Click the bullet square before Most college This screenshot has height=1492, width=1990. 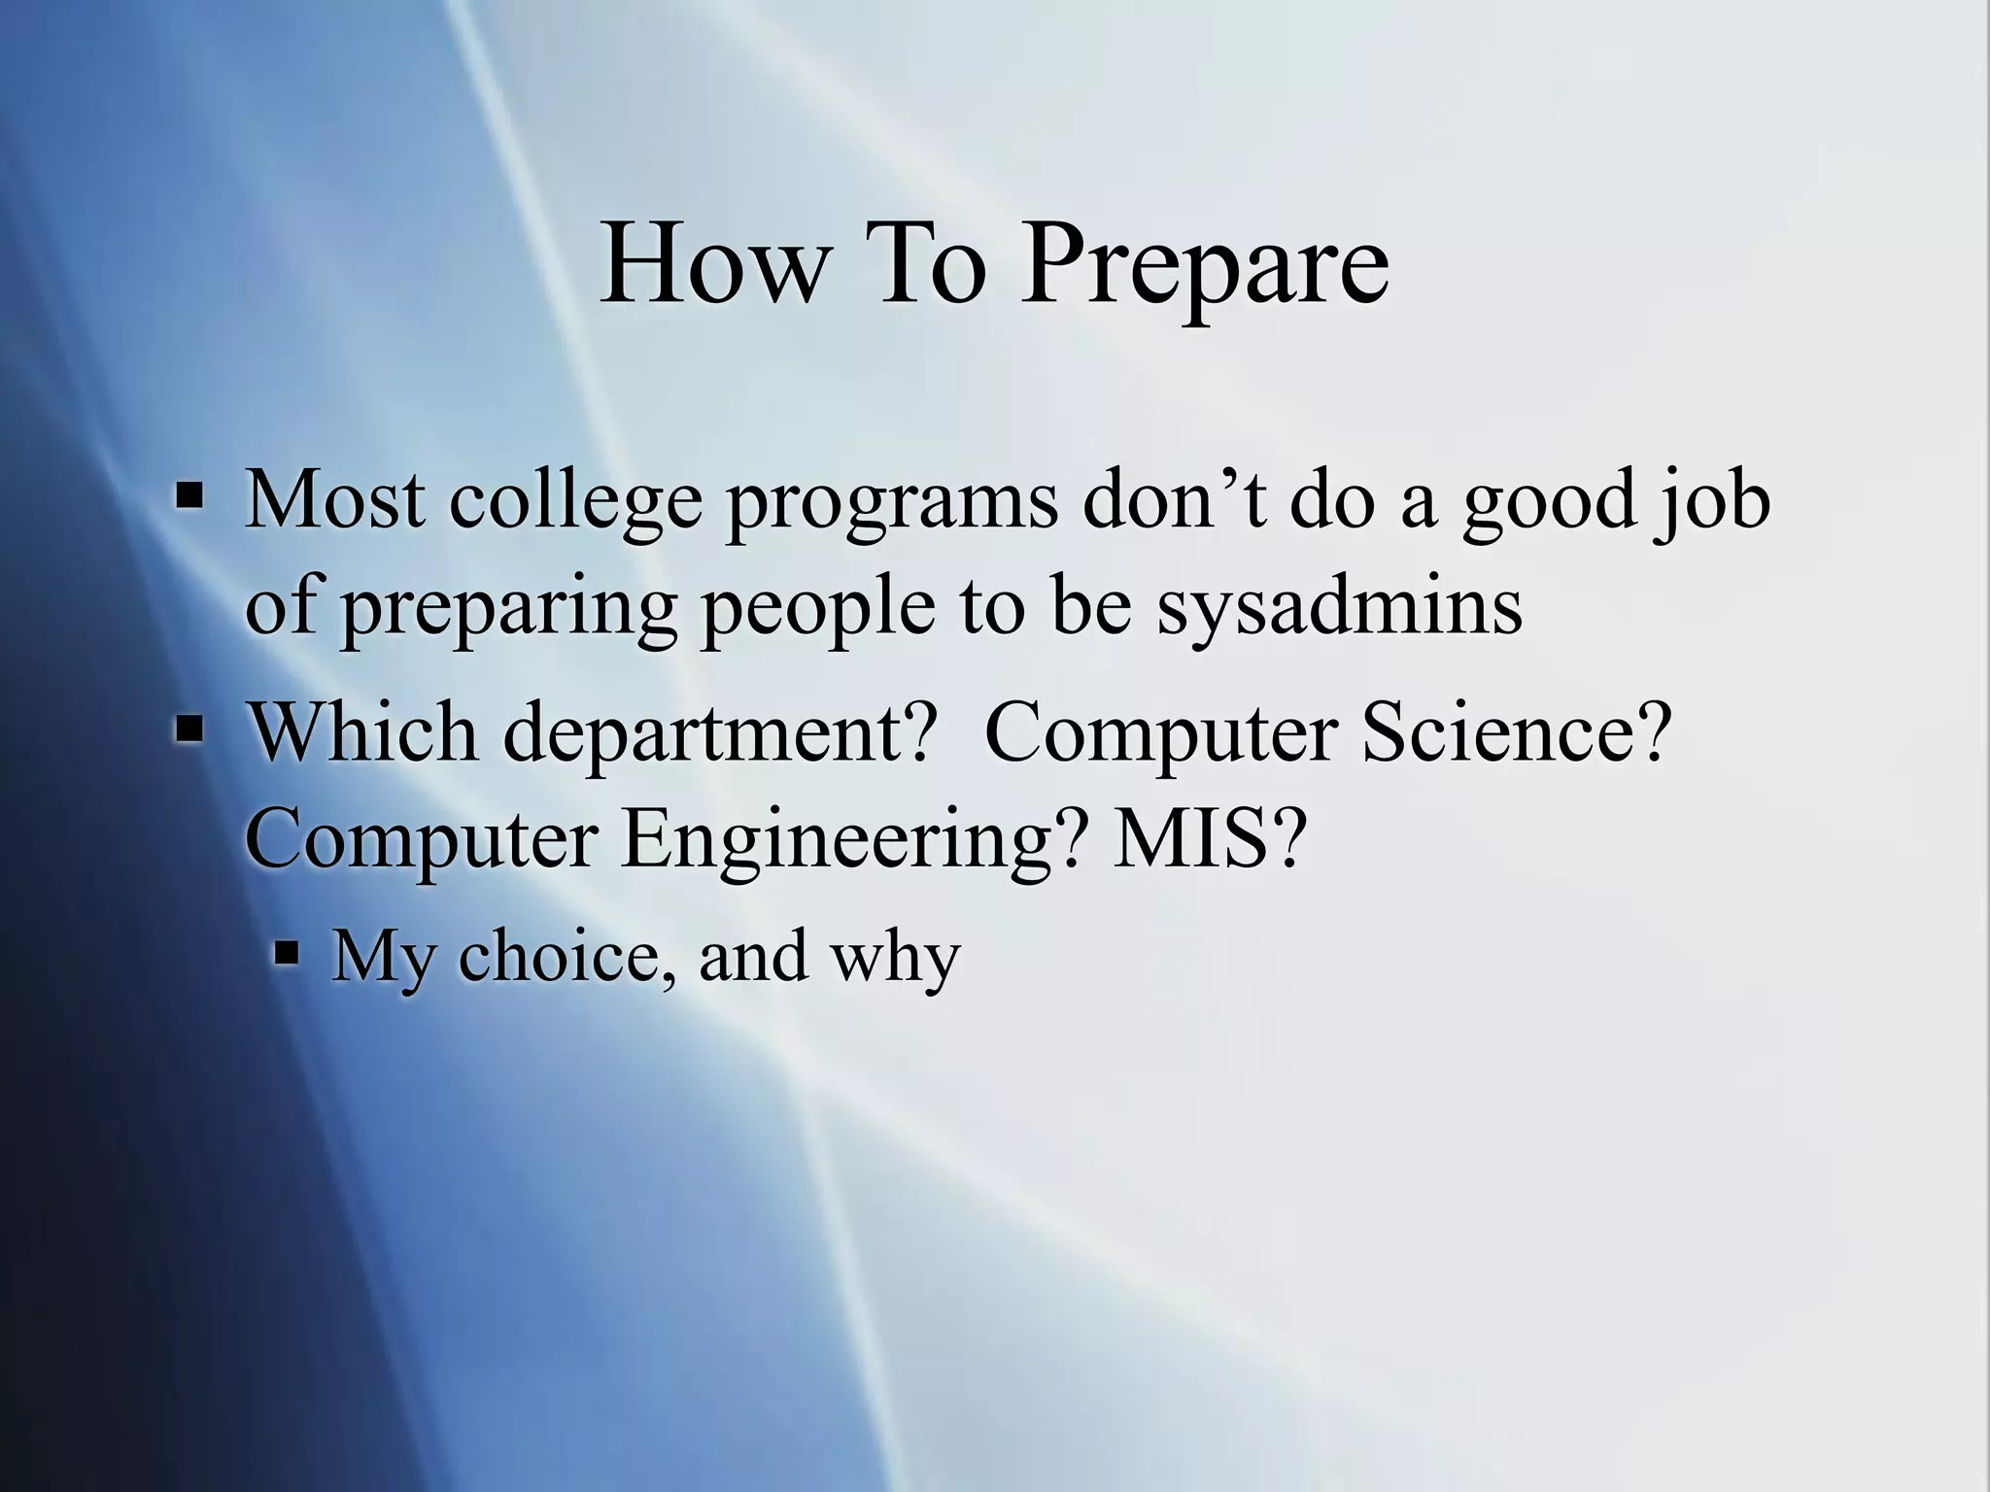pos(189,497)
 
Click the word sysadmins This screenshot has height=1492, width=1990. pos(1339,606)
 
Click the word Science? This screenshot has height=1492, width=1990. pos(1516,730)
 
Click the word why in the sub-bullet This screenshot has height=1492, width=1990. pos(894,958)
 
